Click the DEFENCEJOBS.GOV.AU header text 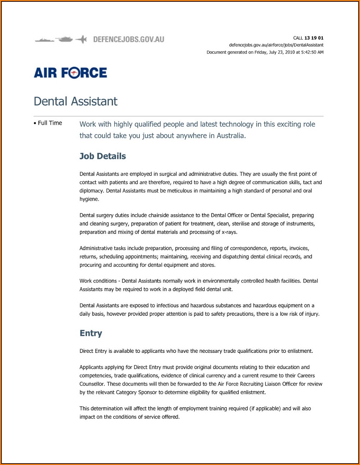pyautogui.click(x=128, y=39)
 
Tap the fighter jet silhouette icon pyautogui.click(x=82, y=39)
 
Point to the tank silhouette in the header pyautogui.click(x=65, y=39)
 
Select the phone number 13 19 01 pyautogui.click(x=314, y=38)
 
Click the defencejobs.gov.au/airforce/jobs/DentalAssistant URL pyautogui.click(x=276, y=45)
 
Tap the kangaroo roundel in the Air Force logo pyautogui.click(x=74, y=73)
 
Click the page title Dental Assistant pyautogui.click(x=75, y=101)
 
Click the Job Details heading pyautogui.click(x=102, y=156)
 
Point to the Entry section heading pyautogui.click(x=91, y=333)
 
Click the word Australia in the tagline pyautogui.click(x=231, y=136)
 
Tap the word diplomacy pyautogui.click(x=91, y=191)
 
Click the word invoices pyautogui.click(x=299, y=248)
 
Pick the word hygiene pyautogui.click(x=89, y=199)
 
